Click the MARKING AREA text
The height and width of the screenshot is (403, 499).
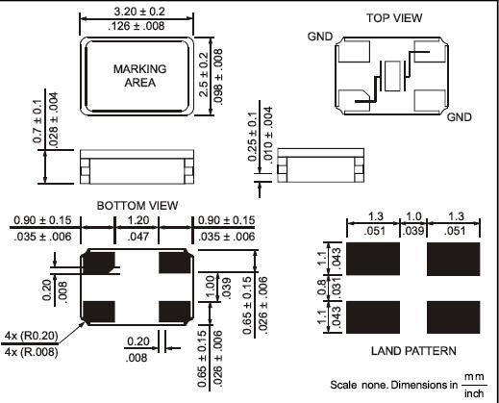coord(140,76)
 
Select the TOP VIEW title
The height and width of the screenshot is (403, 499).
coord(394,18)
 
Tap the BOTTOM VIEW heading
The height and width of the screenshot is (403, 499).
coord(137,206)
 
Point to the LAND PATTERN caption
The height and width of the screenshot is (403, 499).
coord(413,351)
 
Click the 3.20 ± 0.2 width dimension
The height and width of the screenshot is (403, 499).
coord(139,12)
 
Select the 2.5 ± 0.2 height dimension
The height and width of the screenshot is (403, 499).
coord(204,74)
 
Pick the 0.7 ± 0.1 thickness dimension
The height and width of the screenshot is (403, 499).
coord(37,121)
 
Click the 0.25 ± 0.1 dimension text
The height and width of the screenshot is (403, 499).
coord(253,137)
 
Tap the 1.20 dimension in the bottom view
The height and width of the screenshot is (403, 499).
coord(138,220)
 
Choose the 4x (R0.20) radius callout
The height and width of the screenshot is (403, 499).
coord(32,336)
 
